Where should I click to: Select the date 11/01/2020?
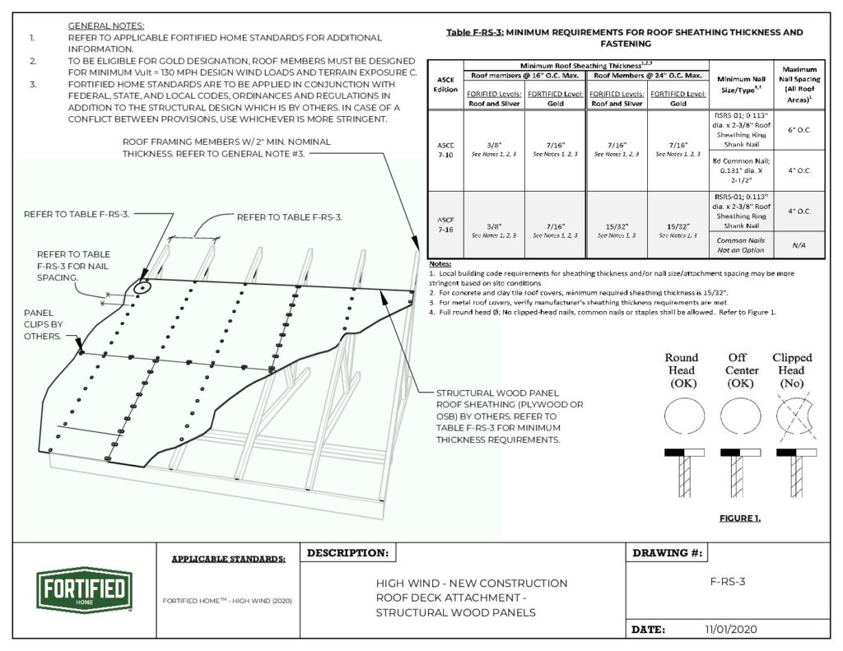730,629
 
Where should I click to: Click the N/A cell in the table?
798,245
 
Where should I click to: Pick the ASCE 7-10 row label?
445,150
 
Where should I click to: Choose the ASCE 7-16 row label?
445,224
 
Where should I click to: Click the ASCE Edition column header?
445,85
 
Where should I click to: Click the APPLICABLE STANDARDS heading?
229,559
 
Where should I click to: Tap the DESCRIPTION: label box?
348,553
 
